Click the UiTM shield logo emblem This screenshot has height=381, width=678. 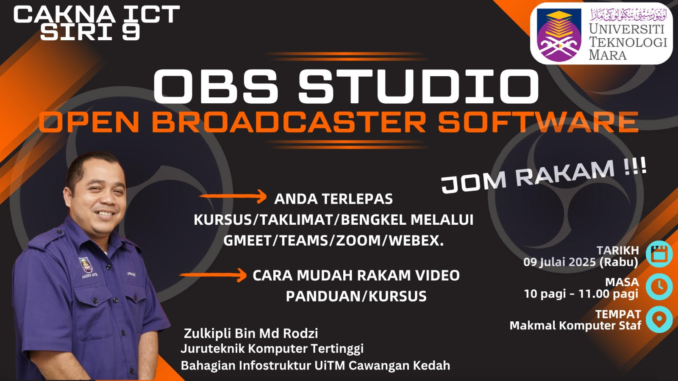pyautogui.click(x=559, y=35)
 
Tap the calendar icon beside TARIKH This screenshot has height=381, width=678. pyautogui.click(x=659, y=254)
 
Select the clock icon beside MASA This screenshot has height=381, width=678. pyautogui.click(x=659, y=287)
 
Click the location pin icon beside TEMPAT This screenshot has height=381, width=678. pyautogui.click(x=659, y=319)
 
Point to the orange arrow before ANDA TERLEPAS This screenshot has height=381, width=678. pyautogui.click(x=233, y=196)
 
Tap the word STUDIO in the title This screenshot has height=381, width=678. pyautogui.click(x=418, y=87)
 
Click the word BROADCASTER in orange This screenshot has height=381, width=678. pyautogui.click(x=289, y=122)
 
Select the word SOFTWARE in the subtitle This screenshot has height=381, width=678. pyautogui.click(x=538, y=122)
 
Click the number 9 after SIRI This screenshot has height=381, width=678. pyautogui.click(x=131, y=32)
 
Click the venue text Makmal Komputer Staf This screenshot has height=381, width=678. pyautogui.click(x=575, y=326)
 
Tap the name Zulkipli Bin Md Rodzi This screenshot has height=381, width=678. pyautogui.click(x=251, y=334)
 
